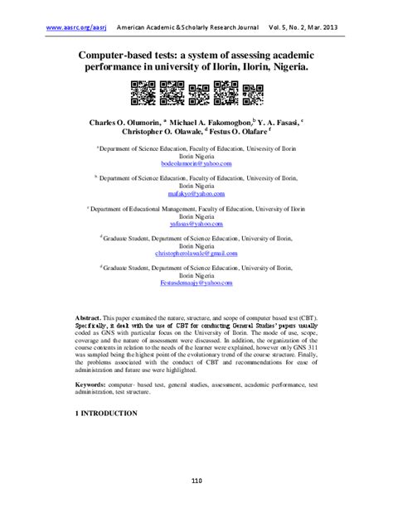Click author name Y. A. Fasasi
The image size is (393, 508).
tap(283, 121)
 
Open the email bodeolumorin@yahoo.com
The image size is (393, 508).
tap(196, 164)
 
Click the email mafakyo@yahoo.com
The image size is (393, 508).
tap(196, 193)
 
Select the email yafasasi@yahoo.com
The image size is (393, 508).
tap(196, 225)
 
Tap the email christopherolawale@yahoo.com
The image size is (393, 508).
tap(196, 254)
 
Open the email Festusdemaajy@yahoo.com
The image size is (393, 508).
tap(196, 283)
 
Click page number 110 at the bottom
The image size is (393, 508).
tap(196, 481)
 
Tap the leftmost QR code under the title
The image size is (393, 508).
tap(141, 92)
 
